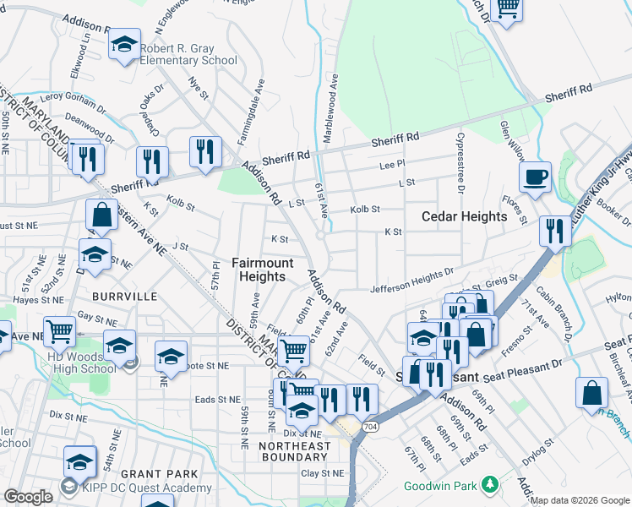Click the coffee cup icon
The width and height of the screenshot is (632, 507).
click(535, 178)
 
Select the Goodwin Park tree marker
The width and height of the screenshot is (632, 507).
click(488, 484)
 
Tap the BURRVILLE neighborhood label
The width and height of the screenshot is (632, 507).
click(126, 297)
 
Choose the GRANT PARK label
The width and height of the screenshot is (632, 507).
click(159, 474)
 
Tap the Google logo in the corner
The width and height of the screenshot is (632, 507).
click(28, 497)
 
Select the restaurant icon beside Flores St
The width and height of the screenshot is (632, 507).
click(555, 231)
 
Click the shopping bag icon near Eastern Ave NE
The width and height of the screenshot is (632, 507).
click(101, 215)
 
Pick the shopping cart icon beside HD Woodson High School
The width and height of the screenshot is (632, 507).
click(60, 330)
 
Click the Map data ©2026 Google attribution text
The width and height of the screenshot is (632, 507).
click(580, 500)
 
